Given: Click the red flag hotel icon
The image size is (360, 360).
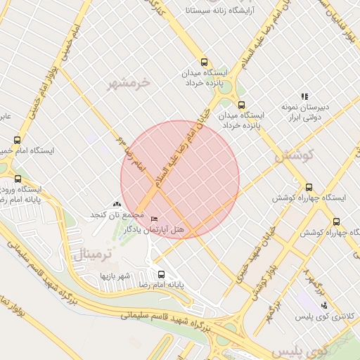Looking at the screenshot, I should tap(154, 219).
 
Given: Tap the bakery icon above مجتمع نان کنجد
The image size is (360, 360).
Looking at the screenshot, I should tap(117, 204).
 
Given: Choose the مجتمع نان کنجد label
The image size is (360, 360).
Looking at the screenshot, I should tap(112, 214).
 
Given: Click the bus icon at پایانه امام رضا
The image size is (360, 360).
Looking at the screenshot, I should tap(162, 274).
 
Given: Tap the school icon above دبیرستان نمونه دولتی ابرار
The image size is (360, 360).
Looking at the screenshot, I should tap(304, 96).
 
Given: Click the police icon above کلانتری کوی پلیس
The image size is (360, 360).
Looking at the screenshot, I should tap(323, 305).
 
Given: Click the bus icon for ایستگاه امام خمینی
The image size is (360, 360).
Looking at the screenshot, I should tap(17, 140).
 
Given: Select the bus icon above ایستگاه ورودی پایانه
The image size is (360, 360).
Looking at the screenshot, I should tap(18, 179).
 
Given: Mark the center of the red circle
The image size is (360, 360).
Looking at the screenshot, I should tap(180, 179).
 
